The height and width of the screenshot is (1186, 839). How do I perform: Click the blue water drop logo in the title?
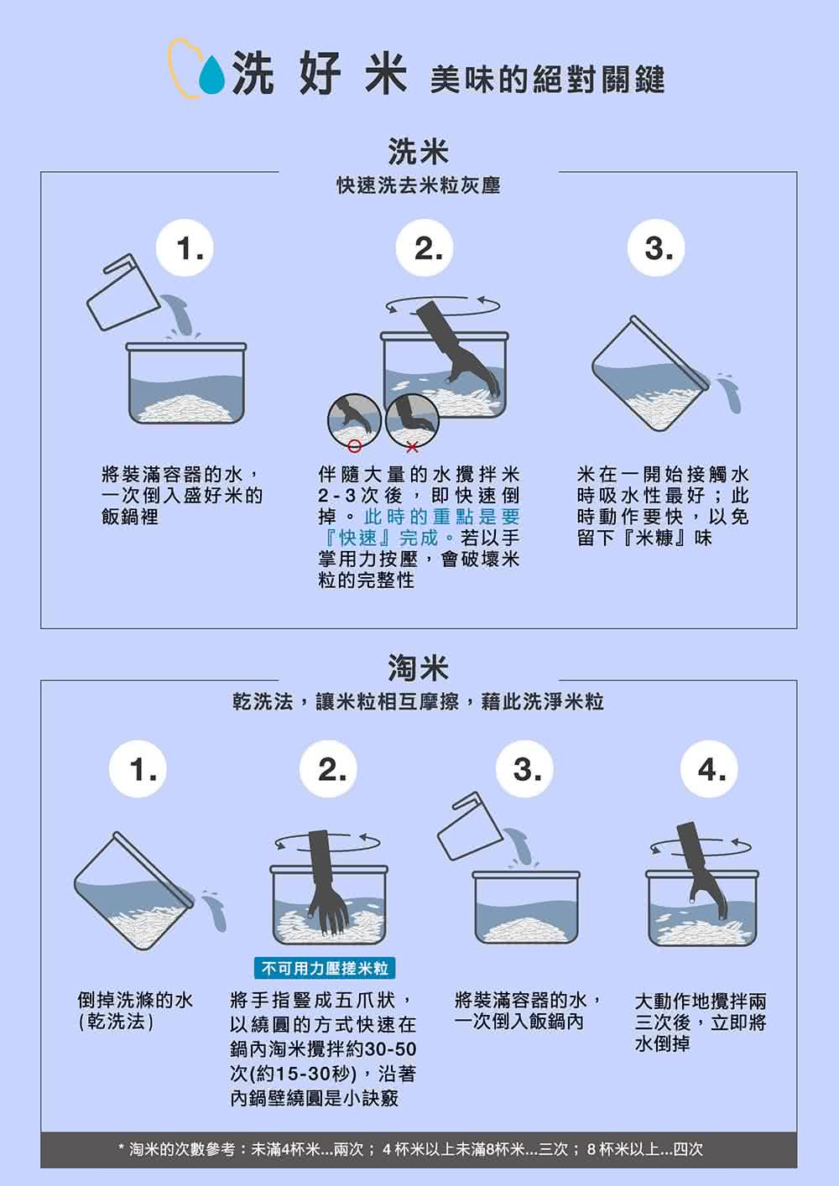click(212, 77)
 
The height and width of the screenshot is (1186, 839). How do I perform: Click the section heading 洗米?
click(418, 152)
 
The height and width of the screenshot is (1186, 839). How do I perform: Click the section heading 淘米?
click(418, 668)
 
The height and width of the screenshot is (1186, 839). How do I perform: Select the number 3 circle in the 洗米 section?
click(657, 248)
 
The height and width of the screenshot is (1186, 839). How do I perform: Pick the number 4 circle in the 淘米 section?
click(711, 769)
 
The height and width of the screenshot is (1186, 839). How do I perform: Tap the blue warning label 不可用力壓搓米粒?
click(325, 969)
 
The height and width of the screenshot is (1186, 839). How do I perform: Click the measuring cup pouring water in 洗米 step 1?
click(122, 292)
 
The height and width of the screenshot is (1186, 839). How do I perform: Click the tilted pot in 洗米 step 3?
click(650, 377)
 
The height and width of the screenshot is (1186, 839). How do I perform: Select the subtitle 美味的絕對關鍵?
click(546, 80)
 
